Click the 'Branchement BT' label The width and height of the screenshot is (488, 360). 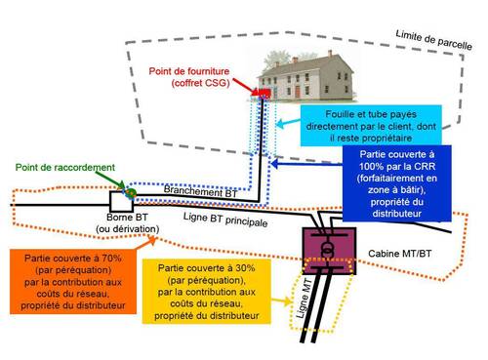tap(200, 192)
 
